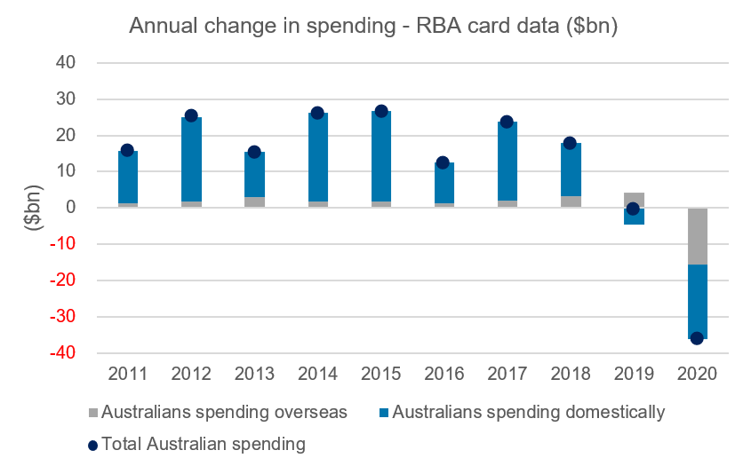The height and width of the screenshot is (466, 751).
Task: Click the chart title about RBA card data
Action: [373, 26]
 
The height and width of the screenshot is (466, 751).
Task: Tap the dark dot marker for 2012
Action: [191, 115]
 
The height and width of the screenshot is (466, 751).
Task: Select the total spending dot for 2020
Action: [697, 338]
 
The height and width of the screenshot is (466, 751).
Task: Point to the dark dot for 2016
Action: [443, 162]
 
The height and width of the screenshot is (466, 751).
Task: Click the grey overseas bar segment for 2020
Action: [697, 236]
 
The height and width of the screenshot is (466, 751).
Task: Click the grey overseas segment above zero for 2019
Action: [634, 200]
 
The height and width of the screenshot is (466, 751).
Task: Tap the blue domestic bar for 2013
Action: [254, 175]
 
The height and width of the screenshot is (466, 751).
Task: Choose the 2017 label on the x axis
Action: [507, 374]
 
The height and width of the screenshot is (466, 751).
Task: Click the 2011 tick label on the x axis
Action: [127, 374]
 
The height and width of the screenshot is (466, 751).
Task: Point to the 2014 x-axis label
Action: [317, 374]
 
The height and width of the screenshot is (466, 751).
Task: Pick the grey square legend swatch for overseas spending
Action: [93, 413]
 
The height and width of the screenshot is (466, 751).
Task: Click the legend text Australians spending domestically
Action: [528, 413]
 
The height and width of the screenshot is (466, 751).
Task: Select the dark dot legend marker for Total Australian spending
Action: [93, 443]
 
